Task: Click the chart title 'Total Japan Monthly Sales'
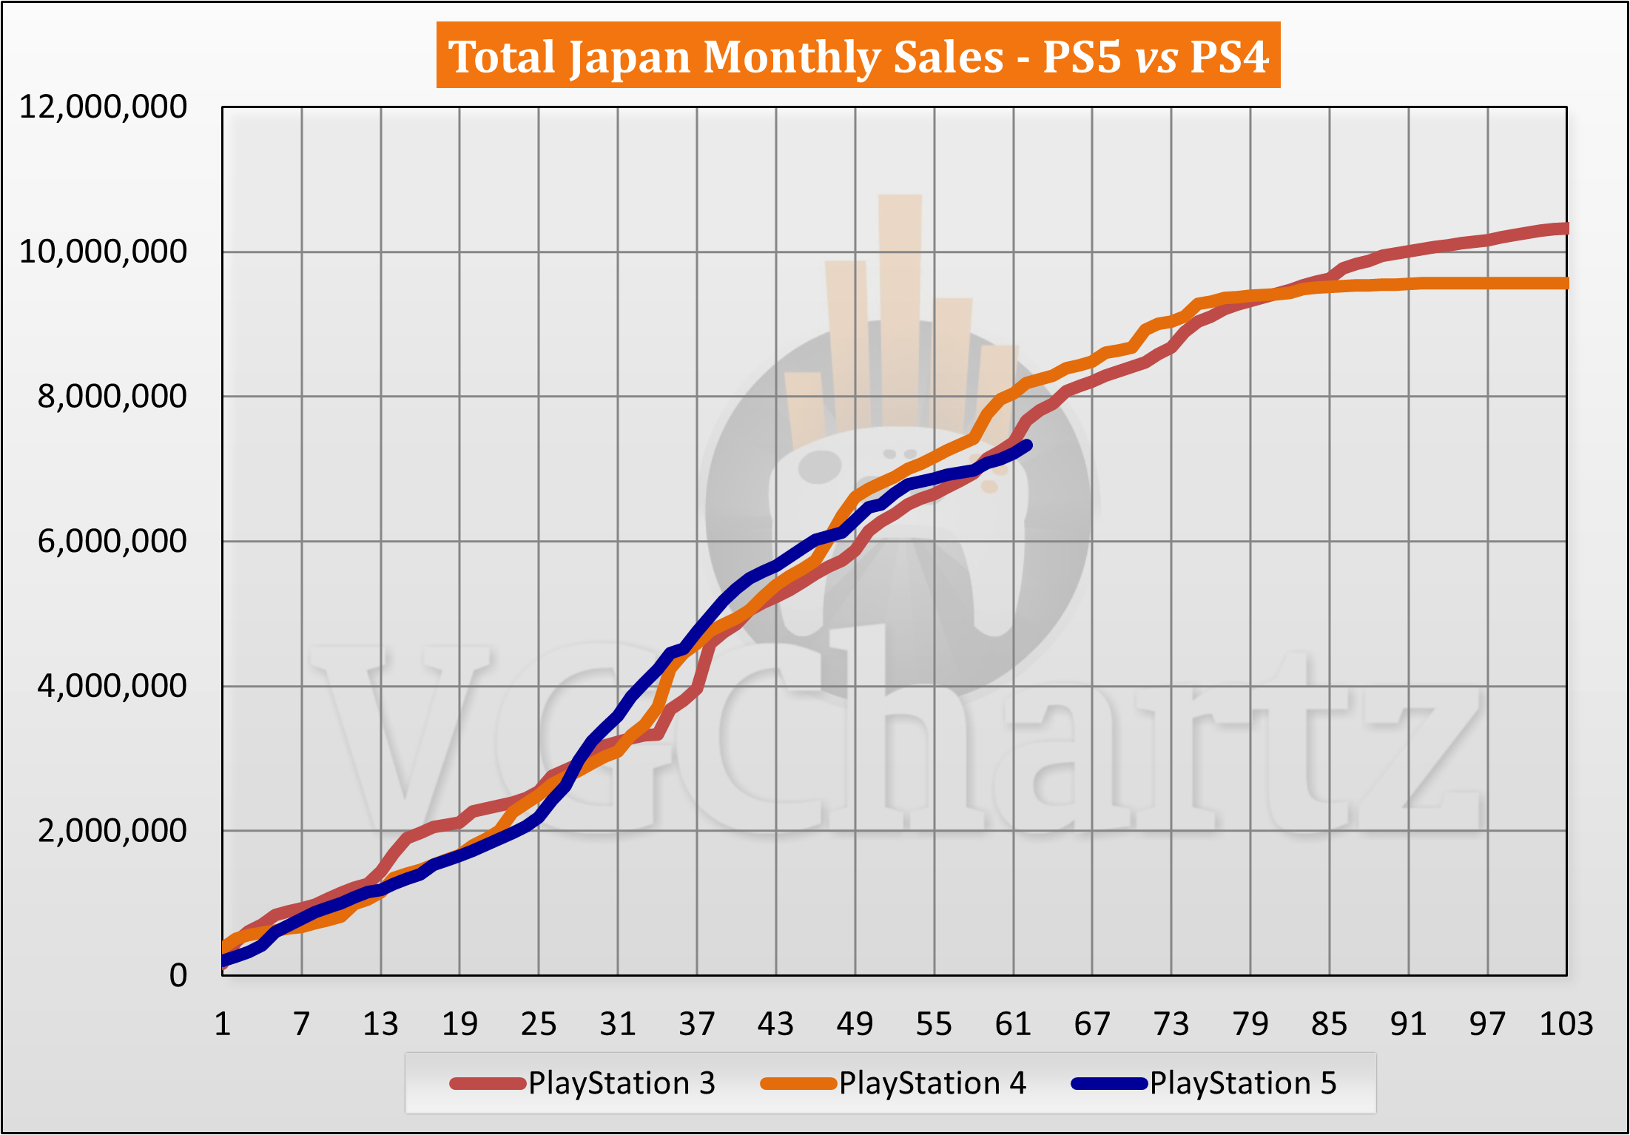(725, 56)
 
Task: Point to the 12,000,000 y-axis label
(103, 107)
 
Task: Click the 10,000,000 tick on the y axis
(103, 252)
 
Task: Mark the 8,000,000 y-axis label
(112, 397)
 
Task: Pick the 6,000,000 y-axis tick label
(112, 542)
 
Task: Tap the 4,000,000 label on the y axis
(112, 686)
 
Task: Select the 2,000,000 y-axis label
(112, 831)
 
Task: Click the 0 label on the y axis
(178, 975)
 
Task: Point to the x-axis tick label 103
(1566, 1024)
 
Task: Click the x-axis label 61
(1013, 1024)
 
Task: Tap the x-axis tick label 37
(696, 1024)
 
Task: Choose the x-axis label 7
(301, 1024)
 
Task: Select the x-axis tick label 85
(1329, 1024)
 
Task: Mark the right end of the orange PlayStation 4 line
(1565, 283)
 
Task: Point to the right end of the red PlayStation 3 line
(1565, 229)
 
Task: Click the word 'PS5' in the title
(1081, 56)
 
